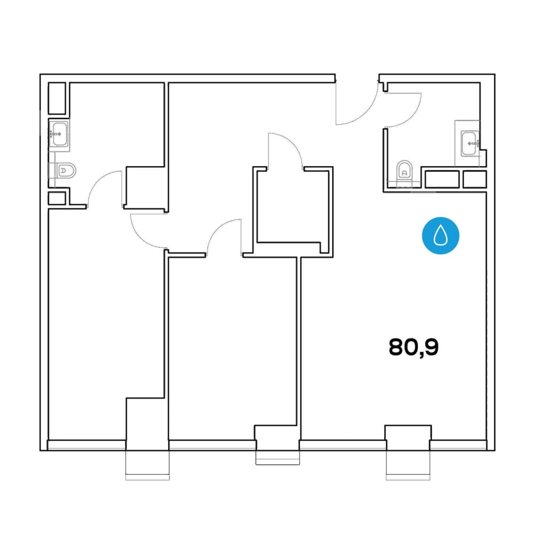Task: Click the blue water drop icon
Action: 440,235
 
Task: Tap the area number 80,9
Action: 414,348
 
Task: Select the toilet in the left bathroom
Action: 66,171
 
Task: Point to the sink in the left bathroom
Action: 60,134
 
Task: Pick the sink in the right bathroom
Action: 470,144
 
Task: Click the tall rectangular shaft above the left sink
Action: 57,98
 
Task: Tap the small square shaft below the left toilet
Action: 57,198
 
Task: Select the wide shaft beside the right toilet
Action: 442,179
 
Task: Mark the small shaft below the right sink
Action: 475,179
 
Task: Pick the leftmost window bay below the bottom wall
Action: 147,465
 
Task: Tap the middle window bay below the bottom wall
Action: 278,458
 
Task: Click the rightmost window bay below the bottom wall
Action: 408,465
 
